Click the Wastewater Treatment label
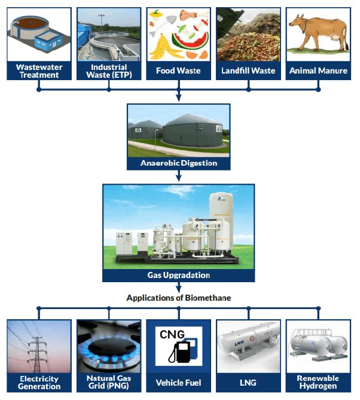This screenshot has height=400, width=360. (38, 71)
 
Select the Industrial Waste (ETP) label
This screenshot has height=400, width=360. (108, 71)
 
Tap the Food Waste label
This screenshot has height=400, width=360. (178, 71)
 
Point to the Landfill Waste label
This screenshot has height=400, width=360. (248, 71)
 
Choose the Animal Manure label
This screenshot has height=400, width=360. (318, 71)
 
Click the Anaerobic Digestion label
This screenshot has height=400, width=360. (178, 163)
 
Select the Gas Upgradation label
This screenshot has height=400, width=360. (178, 276)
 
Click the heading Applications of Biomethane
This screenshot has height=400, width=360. (178, 297)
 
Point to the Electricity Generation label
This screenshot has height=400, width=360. (39, 382)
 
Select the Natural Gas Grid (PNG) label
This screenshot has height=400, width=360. (109, 382)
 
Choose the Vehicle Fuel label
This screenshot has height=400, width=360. (178, 383)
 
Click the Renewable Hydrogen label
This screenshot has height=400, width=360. (318, 382)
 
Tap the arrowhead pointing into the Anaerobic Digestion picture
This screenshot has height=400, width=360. (178, 100)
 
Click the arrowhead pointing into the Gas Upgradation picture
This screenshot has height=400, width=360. (178, 178)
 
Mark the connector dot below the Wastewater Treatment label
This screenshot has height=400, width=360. (38, 90)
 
